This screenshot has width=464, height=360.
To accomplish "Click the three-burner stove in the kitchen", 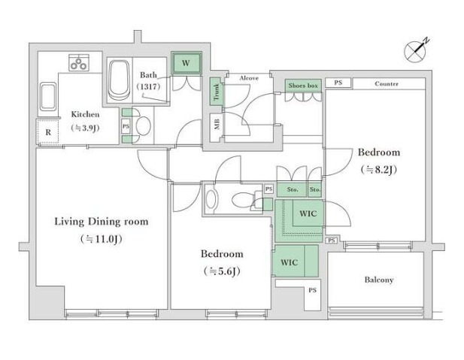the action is point(79,62).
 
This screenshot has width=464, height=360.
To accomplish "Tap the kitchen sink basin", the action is point(48,96).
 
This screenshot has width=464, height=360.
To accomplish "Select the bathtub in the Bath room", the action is point(120,80).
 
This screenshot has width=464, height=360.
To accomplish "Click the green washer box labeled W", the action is point(187,62).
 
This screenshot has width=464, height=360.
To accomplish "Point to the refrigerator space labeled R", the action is point(48,132).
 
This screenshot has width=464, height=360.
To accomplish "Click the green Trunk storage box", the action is point(217,92).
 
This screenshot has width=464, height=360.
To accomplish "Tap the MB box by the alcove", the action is point(217,124).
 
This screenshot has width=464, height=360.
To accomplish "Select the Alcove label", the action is point(249,78).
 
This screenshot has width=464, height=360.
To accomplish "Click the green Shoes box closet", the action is point(303,86).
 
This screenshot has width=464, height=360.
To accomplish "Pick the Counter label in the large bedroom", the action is point(387,83).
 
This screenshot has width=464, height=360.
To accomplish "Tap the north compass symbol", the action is point(417,51).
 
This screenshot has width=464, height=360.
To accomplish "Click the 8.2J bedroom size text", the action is point(378,170).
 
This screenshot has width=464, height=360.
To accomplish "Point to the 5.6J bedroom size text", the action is point(222,271).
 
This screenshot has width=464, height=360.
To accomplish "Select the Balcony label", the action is point(379,280).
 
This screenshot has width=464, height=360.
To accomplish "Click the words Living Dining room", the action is point(102,222).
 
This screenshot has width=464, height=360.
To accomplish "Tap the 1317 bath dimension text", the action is point(149,86).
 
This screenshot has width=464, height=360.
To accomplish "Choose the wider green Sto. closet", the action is point(292,189).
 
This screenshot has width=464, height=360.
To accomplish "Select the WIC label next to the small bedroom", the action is point(289,262).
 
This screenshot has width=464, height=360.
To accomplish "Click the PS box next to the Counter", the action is point(338,83).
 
